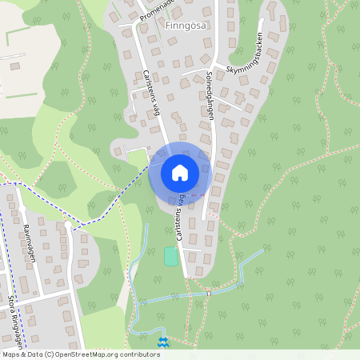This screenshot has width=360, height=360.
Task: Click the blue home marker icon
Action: point(180,172)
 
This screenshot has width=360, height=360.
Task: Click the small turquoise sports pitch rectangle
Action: point(170,257)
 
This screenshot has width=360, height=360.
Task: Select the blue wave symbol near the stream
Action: point(163,342)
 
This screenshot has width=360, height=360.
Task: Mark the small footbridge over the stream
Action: point(208,294)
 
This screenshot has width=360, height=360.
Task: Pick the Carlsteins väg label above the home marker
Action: point(152,94)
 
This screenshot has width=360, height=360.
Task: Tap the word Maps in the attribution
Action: point(10,354)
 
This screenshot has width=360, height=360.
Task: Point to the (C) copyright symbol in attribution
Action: point(50,354)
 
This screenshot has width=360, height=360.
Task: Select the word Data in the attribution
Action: point(34,354)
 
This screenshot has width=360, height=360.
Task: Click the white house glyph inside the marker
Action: point(180,172)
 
